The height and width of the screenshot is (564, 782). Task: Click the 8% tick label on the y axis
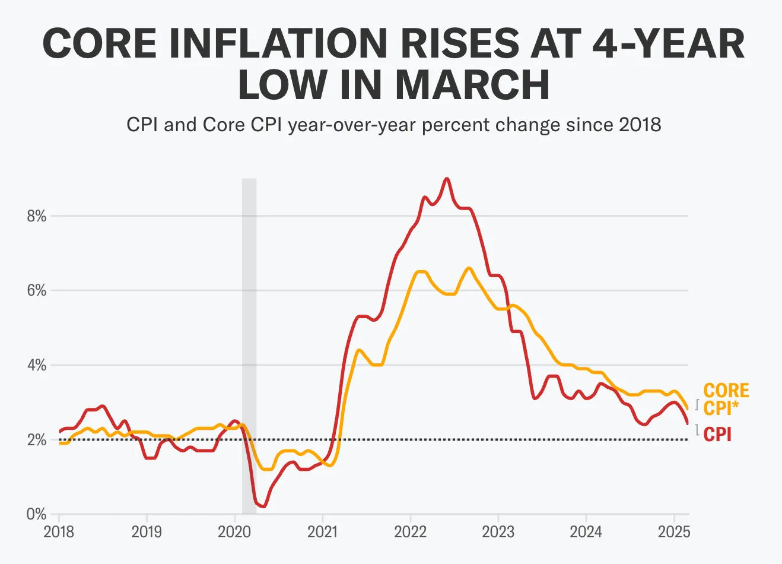pos(36,216)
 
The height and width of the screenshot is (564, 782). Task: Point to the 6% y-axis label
pos(36,291)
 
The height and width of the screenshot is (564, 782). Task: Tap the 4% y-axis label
pos(36,365)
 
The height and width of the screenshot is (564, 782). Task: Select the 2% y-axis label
pos(36,440)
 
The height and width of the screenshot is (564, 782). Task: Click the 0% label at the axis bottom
pos(36,514)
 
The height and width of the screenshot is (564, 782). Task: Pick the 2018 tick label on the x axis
pos(59,531)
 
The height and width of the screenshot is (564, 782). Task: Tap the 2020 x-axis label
pos(234,531)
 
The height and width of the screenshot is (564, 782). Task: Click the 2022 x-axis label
pos(410,531)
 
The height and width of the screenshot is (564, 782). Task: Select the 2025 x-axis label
pos(673,531)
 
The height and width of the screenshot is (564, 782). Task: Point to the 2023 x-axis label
pos(498,531)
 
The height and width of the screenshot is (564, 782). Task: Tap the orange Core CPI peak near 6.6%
pos(469,268)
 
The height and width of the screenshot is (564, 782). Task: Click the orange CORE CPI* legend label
pos(726,399)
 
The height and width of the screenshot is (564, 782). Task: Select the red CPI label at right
pos(717,435)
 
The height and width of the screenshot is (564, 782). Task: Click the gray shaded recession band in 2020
pos(249,344)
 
